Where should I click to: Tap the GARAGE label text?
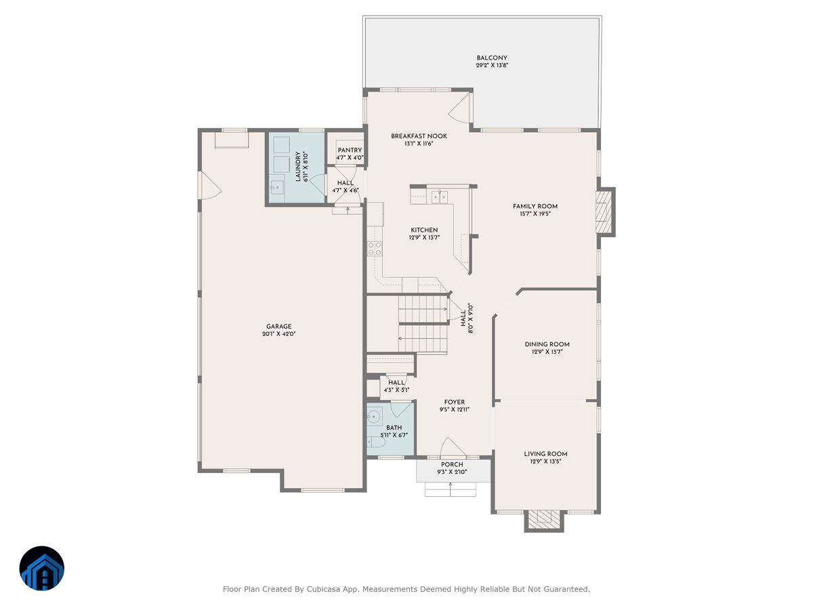pyautogui.click(x=279, y=326)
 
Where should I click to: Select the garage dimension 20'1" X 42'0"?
pyautogui.click(x=279, y=334)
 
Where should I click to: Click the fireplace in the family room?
pyautogui.click(x=604, y=211)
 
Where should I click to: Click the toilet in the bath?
pyautogui.click(x=376, y=443)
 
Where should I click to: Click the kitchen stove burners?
pyautogui.click(x=372, y=249)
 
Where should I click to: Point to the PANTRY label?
pyautogui.click(x=350, y=150)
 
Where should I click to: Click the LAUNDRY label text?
pyautogui.click(x=297, y=166)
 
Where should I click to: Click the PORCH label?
pyautogui.click(x=452, y=464)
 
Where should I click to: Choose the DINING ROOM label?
pyautogui.click(x=547, y=344)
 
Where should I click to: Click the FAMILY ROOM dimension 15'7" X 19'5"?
pyautogui.click(x=535, y=214)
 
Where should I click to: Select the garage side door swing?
pyautogui.click(x=209, y=184)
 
